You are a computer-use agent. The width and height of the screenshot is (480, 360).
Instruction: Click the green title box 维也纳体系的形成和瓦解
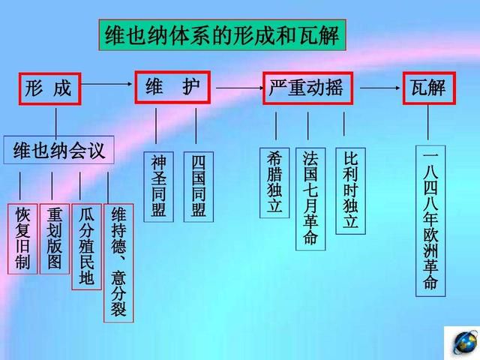222,35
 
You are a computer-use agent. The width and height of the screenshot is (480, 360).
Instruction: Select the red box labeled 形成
50,88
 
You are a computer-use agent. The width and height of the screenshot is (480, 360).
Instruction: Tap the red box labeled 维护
172,87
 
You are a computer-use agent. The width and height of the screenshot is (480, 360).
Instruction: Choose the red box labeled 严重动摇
307,88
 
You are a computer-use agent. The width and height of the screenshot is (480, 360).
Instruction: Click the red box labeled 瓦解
429,88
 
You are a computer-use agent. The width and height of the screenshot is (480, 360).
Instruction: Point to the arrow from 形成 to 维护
106,84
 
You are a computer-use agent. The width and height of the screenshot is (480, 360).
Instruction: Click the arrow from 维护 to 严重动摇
239,88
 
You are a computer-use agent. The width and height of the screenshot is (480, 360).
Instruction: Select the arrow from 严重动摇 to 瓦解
380,88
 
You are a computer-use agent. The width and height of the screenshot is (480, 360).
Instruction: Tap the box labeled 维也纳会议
58,150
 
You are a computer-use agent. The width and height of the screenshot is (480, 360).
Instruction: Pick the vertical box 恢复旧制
22,238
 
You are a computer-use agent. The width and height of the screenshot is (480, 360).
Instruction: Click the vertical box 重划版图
55,238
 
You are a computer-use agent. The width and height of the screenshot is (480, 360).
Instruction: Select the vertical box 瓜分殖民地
86,247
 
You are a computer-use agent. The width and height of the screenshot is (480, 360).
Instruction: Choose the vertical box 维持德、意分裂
118,263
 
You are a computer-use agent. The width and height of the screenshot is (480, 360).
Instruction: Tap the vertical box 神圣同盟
158,187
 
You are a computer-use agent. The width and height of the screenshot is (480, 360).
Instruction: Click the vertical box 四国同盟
198,187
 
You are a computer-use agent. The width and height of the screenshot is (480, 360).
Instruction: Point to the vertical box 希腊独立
274,183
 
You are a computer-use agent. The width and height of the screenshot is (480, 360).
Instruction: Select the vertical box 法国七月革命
310,199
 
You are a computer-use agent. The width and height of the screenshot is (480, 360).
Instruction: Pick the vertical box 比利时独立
350,191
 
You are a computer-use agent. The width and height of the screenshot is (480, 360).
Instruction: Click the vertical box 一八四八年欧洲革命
430,221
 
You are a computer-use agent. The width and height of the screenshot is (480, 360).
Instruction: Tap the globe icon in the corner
465,343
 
